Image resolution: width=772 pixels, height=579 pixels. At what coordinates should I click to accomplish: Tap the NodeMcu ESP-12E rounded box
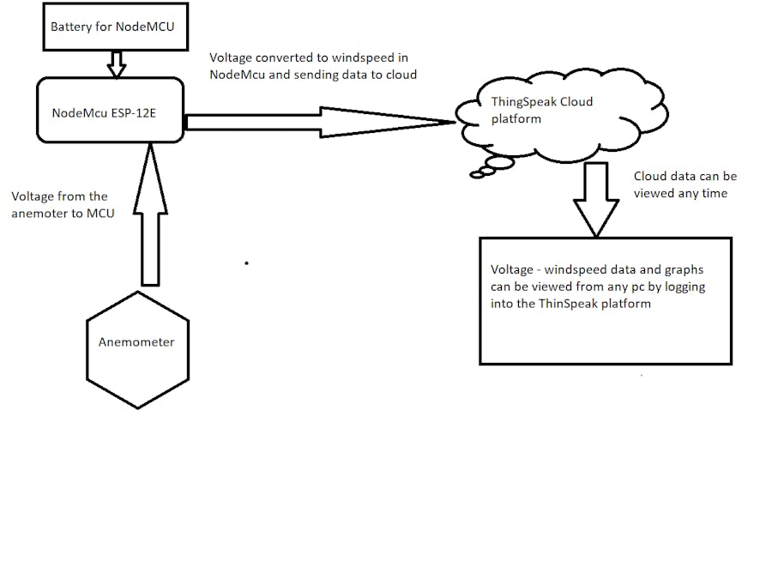tap(109, 110)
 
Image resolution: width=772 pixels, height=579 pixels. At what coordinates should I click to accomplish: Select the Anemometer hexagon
tap(137, 350)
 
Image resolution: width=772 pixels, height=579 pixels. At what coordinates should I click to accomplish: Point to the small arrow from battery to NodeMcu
tap(117, 63)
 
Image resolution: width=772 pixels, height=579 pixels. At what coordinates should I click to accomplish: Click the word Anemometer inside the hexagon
tap(137, 341)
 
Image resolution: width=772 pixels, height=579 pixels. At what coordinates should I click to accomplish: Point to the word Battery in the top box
tap(71, 27)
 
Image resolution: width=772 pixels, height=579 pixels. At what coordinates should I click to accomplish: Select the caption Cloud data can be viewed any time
tap(685, 184)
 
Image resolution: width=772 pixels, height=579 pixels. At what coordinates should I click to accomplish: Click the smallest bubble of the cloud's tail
tap(476, 175)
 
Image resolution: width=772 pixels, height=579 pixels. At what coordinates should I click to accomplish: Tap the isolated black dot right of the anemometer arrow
tap(247, 263)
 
